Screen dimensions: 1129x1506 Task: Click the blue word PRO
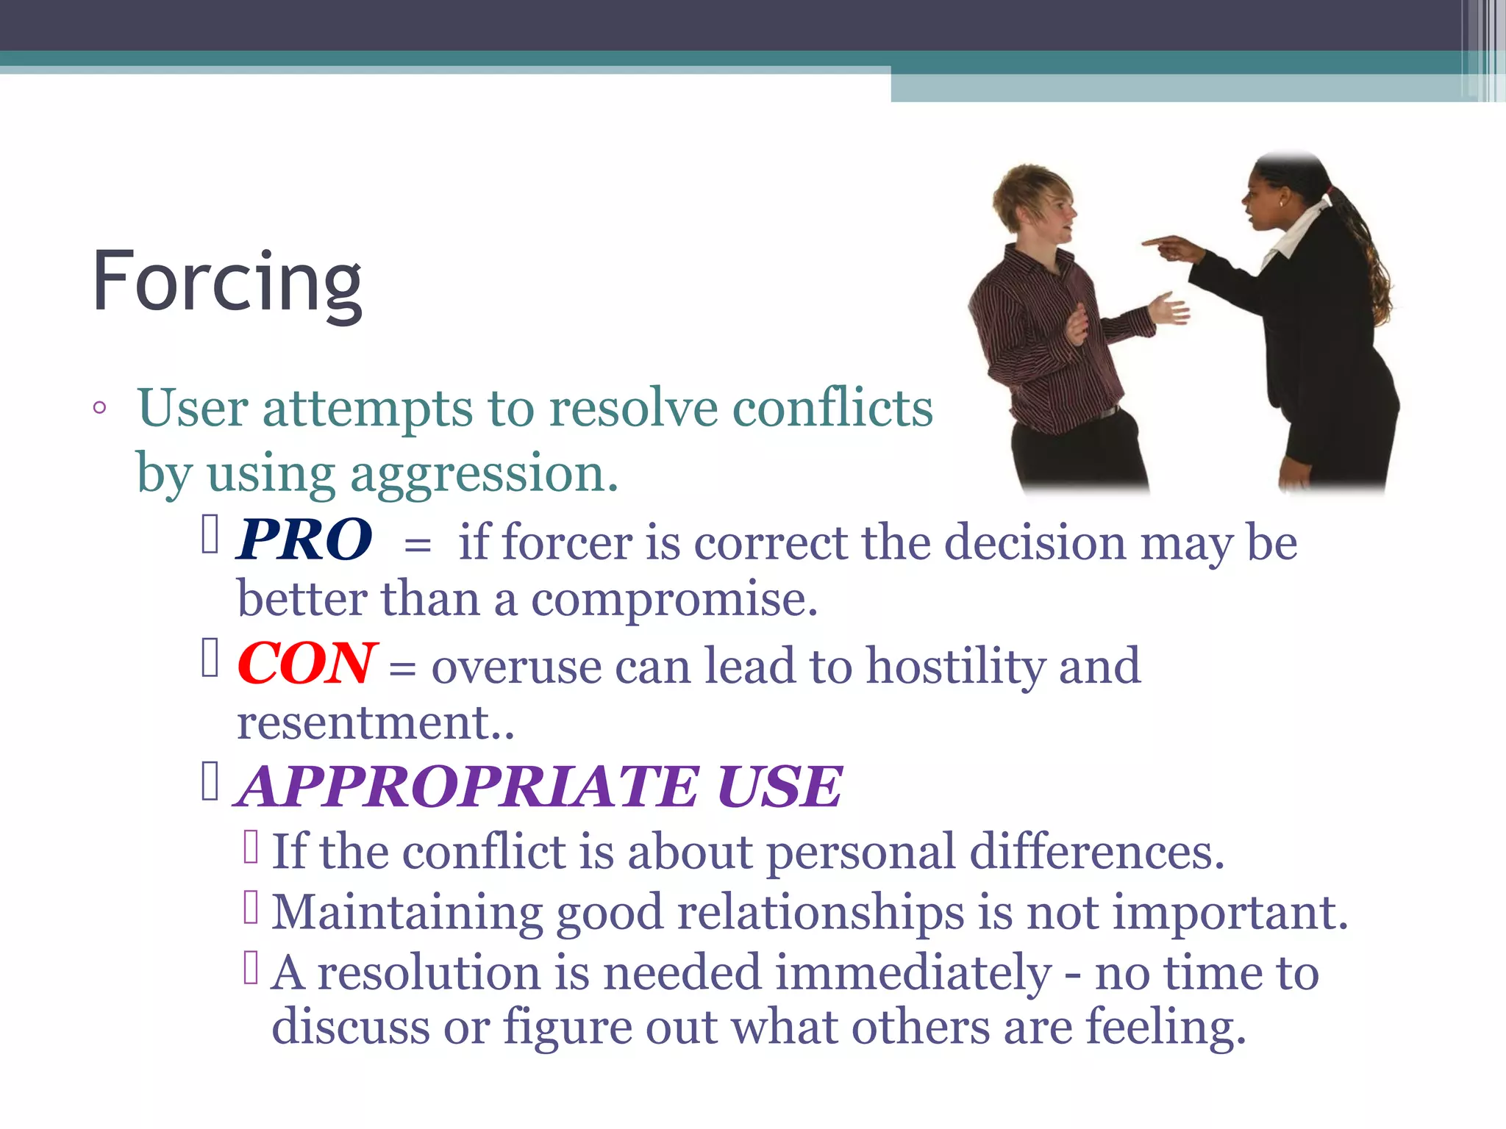pyautogui.click(x=304, y=540)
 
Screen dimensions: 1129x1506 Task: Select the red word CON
pyautogui.click(x=307, y=664)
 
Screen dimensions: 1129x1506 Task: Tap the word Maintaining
pyautogui.click(x=407, y=913)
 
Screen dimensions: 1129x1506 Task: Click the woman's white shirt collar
pyautogui.click(x=1298, y=232)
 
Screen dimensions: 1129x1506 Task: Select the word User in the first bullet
pyautogui.click(x=193, y=408)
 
